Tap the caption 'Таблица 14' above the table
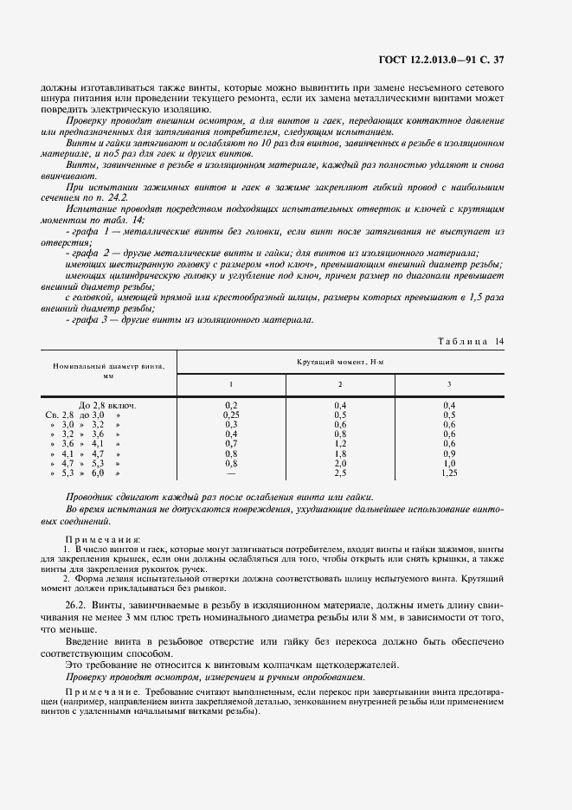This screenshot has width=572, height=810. click(x=472, y=341)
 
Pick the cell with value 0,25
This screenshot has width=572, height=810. click(x=231, y=415)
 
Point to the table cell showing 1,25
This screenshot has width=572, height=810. click(x=448, y=473)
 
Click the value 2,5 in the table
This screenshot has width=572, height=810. click(x=339, y=473)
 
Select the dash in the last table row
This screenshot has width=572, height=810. click(x=231, y=473)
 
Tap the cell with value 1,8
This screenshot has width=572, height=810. click(x=339, y=453)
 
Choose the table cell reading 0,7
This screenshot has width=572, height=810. click(x=231, y=444)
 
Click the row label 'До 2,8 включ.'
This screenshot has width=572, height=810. click(x=107, y=405)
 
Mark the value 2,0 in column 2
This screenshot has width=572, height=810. click(x=339, y=464)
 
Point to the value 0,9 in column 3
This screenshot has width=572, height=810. click(x=448, y=453)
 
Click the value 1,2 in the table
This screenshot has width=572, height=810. click(x=339, y=444)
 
